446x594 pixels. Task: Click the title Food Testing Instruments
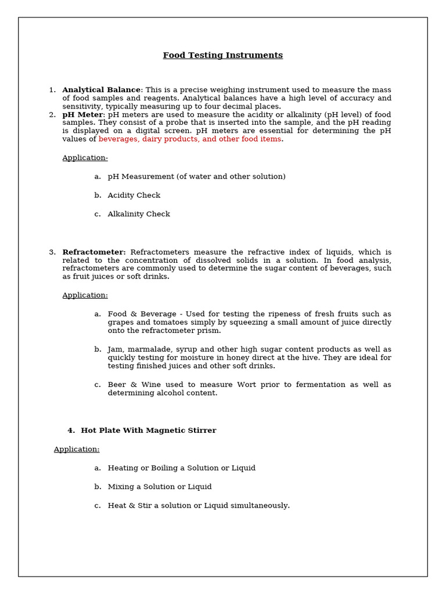[222, 56]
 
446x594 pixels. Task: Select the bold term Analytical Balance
[101, 90]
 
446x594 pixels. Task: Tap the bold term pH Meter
[82, 115]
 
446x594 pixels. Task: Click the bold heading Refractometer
[93, 252]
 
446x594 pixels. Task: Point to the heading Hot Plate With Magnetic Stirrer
[148, 430]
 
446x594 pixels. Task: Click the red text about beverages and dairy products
[190, 139]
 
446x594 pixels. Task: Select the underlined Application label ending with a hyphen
[85, 158]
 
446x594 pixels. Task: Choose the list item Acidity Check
[134, 195]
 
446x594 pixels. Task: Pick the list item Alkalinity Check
[138, 214]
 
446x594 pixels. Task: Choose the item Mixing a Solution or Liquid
[159, 487]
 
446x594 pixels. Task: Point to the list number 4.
[71, 430]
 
